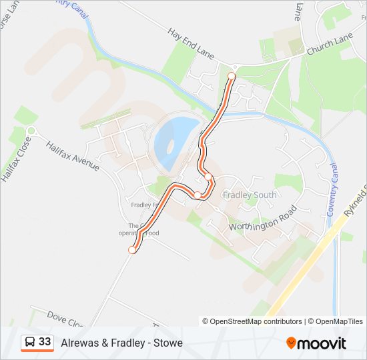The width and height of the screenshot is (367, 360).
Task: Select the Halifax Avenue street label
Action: click(x=73, y=156)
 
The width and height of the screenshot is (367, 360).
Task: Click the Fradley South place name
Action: click(x=250, y=195)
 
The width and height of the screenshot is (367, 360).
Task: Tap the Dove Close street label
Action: click(x=65, y=318)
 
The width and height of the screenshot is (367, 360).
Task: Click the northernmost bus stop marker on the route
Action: click(x=232, y=77)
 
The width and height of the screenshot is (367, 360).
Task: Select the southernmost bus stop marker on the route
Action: click(x=132, y=250)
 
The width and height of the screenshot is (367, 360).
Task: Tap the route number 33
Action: click(x=45, y=342)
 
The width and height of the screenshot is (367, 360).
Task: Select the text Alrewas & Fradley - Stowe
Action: click(x=121, y=343)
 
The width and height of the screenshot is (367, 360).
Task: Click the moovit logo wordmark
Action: click(x=322, y=343)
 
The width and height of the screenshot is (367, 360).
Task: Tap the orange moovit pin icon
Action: click(x=291, y=343)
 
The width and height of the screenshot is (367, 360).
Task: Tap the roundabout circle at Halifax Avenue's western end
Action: click(x=31, y=131)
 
